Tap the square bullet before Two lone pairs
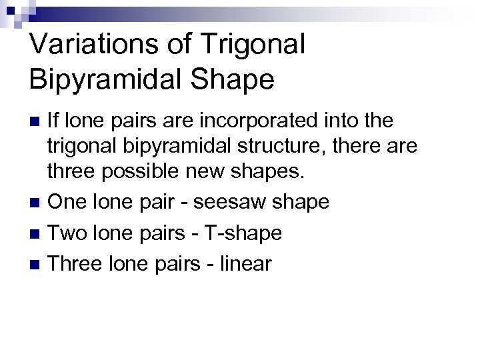[37, 233]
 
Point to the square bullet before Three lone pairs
[37, 264]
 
